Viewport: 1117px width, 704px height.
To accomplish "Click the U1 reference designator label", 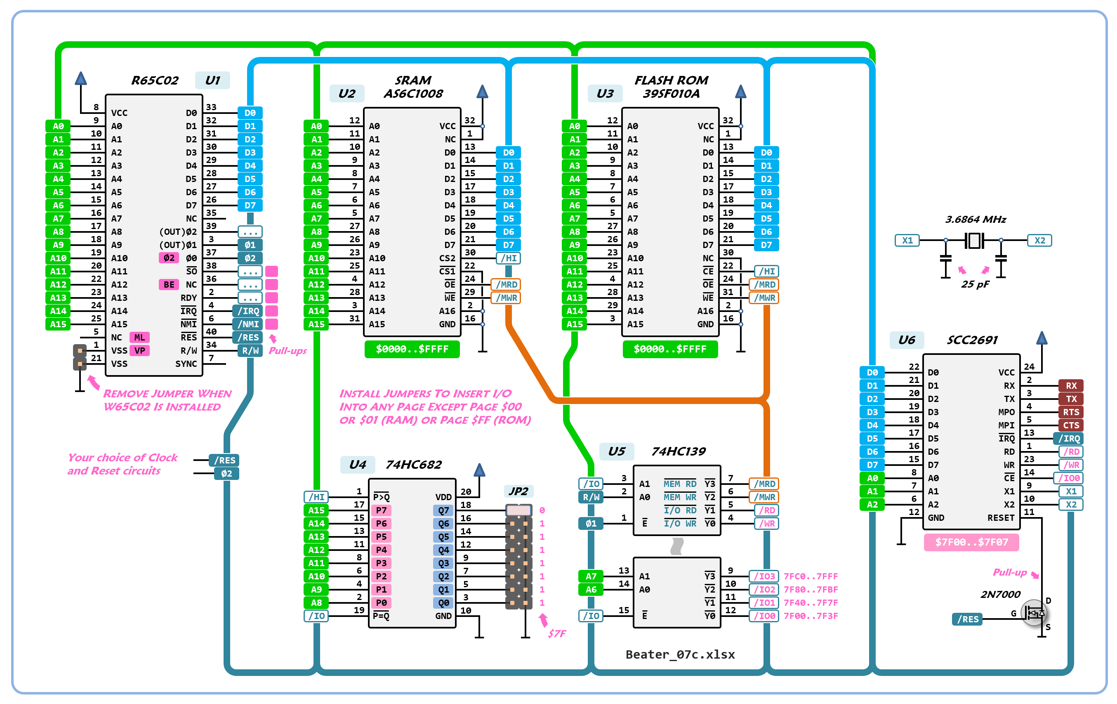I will [212, 80].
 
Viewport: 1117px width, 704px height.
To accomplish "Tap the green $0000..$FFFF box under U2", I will [412, 349].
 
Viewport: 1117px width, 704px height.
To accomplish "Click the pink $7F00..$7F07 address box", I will [971, 542].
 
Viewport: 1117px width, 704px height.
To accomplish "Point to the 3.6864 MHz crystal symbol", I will [974, 241].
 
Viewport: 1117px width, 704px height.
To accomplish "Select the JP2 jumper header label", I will [518, 491].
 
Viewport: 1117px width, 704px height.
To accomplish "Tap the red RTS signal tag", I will [1071, 412].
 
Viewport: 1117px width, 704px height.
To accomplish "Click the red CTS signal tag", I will [1071, 425].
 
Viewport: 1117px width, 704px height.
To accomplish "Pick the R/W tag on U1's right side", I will [250, 351].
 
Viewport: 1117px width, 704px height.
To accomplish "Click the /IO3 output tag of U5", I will [764, 576].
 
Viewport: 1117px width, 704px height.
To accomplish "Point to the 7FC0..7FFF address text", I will [811, 576].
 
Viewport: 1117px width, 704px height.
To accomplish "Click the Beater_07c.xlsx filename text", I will [680, 654].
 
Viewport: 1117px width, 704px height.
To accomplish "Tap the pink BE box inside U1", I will [169, 284].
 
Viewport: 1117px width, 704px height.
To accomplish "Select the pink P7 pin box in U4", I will [381, 510].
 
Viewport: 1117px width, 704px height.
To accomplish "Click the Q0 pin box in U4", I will [443, 603].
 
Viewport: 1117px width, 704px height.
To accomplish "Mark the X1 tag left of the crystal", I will [907, 241].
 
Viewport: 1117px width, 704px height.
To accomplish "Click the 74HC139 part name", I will [678, 451].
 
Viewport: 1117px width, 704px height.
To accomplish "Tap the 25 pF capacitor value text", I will [975, 284].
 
